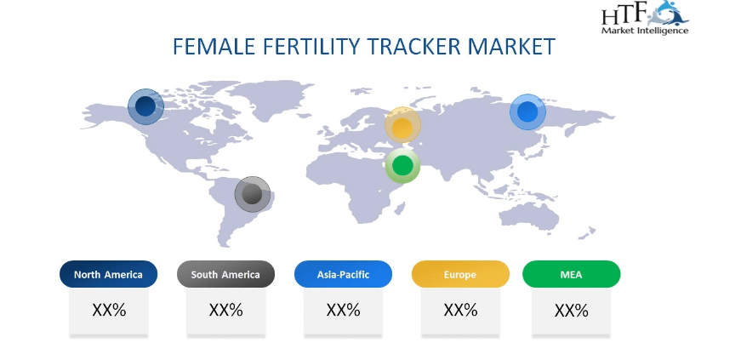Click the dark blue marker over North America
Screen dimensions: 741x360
tap(146, 106)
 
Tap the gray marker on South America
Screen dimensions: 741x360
tap(253, 194)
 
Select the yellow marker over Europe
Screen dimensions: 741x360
tap(402, 125)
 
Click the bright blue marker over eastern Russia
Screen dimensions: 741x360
tap(527, 111)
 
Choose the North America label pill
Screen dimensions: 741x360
tap(108, 274)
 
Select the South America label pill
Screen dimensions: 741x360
tap(225, 274)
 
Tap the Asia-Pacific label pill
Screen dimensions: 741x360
tap(343, 274)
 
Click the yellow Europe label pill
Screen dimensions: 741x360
tap(460, 274)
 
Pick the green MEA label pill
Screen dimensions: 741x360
tap(572, 274)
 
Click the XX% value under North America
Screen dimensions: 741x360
tap(109, 311)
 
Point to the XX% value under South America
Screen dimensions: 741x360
tap(226, 311)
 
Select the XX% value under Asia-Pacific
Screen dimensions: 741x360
tap(343, 311)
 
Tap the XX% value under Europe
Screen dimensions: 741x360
tap(460, 311)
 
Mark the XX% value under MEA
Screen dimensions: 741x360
tap(572, 311)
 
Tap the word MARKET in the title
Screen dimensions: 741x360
tap(510, 46)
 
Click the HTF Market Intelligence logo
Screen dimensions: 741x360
tap(645, 18)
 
